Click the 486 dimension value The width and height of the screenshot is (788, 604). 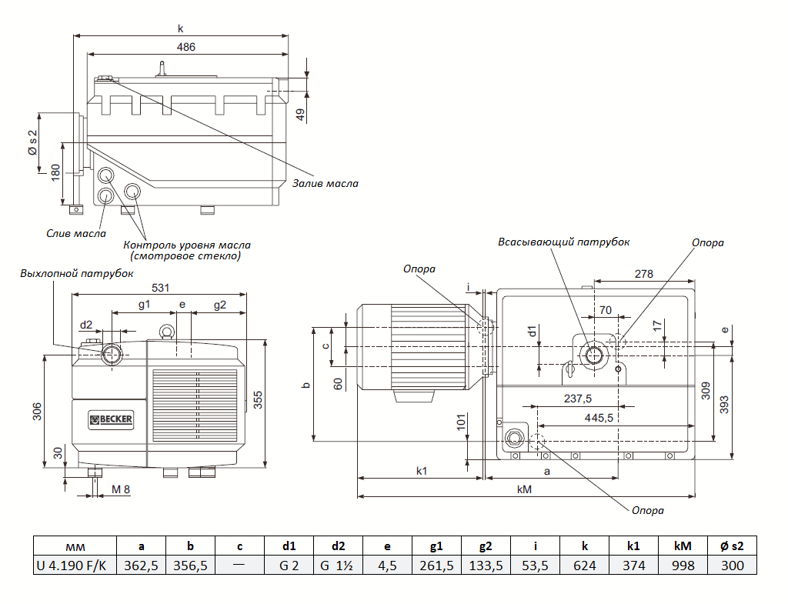(x=186, y=46)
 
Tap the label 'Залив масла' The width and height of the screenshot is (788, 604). (x=325, y=184)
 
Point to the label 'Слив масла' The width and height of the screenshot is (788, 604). (x=76, y=233)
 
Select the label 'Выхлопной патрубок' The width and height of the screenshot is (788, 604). (x=77, y=273)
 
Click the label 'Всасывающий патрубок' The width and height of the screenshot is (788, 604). (x=563, y=242)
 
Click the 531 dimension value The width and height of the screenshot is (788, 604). (x=160, y=288)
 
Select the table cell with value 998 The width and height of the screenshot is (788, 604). (x=683, y=566)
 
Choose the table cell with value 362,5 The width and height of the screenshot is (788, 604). (x=141, y=566)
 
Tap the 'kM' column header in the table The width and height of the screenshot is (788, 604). (x=683, y=546)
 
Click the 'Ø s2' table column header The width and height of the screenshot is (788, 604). (x=732, y=546)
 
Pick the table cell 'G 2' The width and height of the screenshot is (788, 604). (x=289, y=566)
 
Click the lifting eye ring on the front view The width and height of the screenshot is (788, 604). (x=165, y=332)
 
